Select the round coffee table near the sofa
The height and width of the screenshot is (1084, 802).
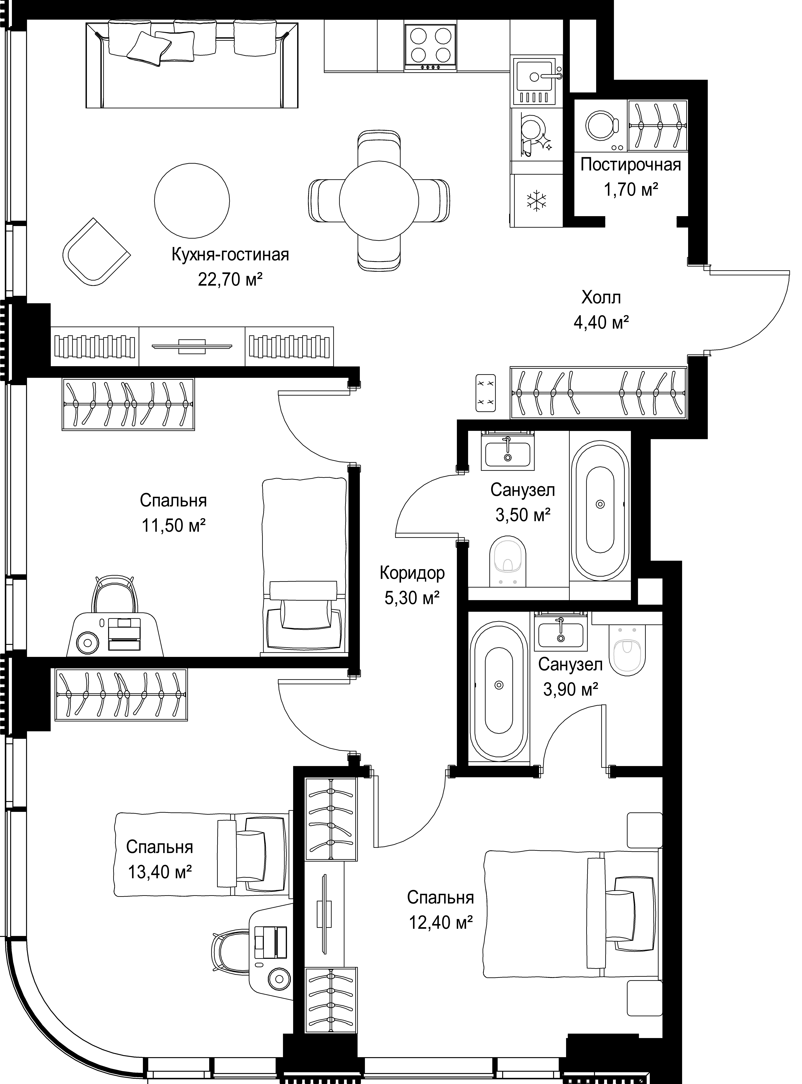click(x=192, y=200)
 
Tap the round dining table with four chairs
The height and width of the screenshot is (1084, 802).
click(x=379, y=200)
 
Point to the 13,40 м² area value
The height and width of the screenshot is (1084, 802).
click(x=160, y=872)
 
